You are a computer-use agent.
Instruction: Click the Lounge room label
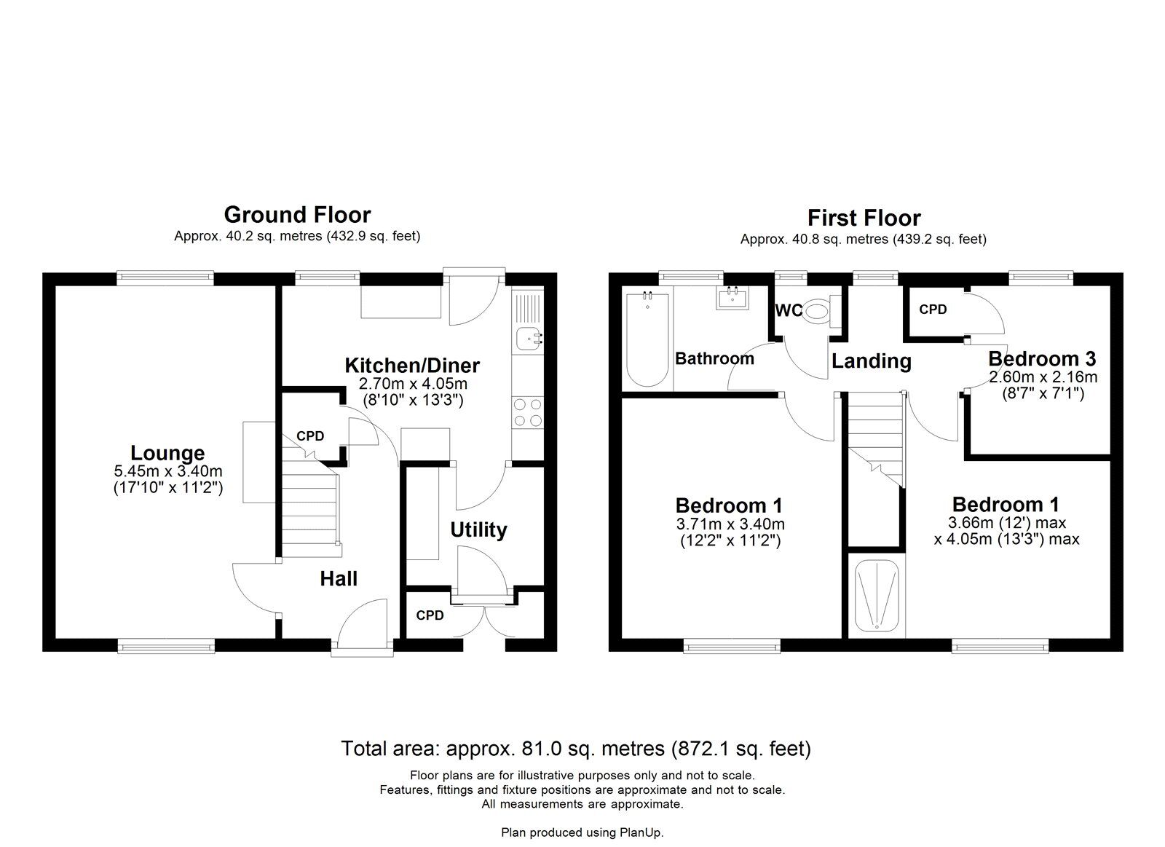[x=167, y=453]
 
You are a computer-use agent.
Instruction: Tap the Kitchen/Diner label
[x=412, y=365]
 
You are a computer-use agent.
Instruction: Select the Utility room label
[x=478, y=529]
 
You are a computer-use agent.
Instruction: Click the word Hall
[x=339, y=578]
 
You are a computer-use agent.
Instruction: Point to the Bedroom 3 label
[x=1042, y=358]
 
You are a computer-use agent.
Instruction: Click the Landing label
[x=872, y=361]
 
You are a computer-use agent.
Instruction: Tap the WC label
[x=788, y=311]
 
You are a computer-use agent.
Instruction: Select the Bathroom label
[x=714, y=358]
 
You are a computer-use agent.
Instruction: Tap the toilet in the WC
[x=818, y=312]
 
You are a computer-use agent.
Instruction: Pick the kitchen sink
[x=527, y=337]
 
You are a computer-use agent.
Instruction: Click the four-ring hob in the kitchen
[x=527, y=412]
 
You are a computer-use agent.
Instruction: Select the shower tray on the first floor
[x=877, y=595]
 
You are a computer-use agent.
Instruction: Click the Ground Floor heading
[x=297, y=215]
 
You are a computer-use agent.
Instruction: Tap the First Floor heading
[x=864, y=218]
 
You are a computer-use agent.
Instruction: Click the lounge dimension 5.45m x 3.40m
[x=167, y=472]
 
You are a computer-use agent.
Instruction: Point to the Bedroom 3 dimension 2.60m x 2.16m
[x=1042, y=377]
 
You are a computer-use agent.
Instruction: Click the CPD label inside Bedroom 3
[x=933, y=310]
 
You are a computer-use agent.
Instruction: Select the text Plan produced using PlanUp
[x=582, y=832]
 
